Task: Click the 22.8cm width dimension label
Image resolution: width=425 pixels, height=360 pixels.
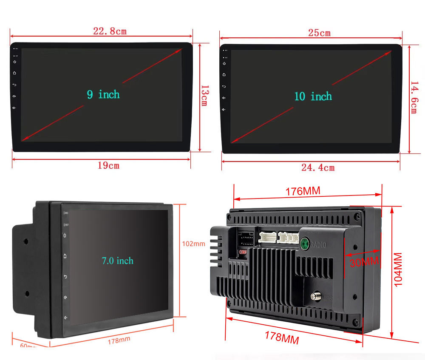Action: [110, 31]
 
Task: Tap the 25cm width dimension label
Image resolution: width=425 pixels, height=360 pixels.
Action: [319, 33]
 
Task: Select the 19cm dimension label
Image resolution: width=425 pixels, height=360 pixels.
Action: [109, 165]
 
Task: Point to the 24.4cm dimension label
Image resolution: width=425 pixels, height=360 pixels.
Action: [318, 168]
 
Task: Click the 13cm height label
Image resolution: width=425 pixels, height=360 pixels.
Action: [204, 96]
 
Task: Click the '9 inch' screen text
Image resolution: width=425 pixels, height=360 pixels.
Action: [103, 94]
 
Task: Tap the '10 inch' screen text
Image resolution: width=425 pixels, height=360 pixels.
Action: [313, 96]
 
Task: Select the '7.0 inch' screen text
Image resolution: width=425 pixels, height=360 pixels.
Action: [117, 261]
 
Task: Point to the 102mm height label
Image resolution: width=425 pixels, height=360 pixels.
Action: [193, 244]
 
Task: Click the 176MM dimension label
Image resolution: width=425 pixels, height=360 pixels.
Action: [303, 191]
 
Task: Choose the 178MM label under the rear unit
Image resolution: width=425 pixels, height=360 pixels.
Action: [282, 337]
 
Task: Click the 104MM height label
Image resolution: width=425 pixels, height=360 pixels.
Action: [398, 269]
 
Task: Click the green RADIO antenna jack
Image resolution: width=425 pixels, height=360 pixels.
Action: [305, 244]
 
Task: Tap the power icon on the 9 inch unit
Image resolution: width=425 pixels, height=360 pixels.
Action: [15, 62]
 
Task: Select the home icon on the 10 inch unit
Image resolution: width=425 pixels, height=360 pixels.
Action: [224, 75]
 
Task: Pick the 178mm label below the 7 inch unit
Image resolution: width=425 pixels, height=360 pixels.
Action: [119, 340]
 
